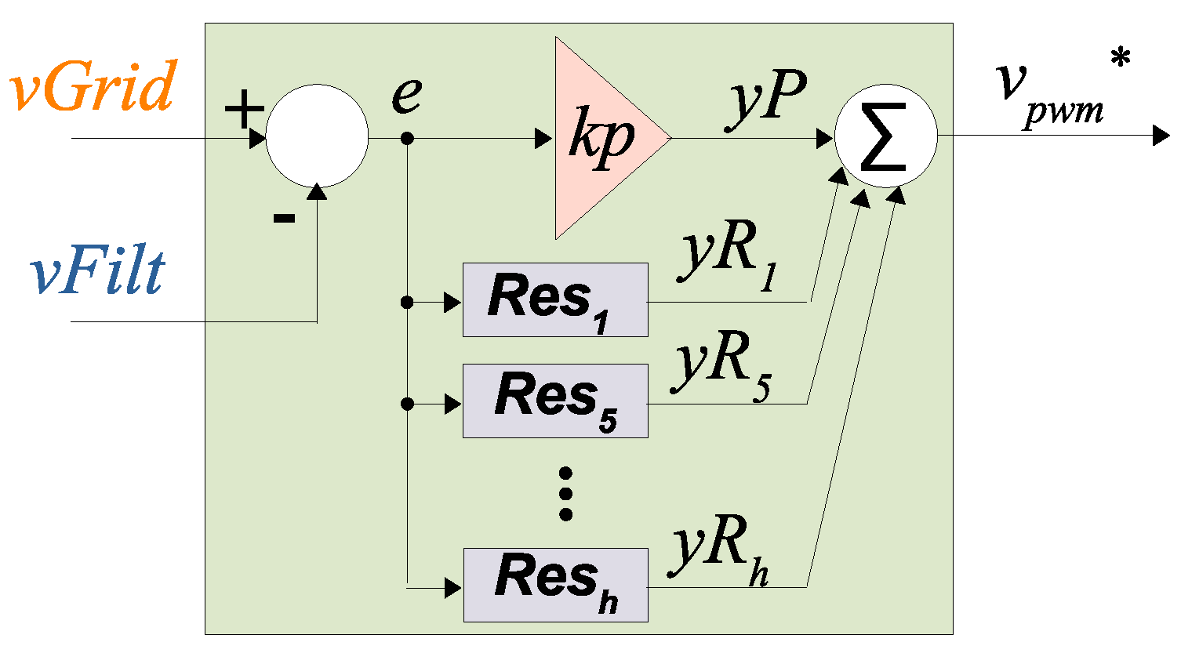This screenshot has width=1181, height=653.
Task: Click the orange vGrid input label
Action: click(93, 85)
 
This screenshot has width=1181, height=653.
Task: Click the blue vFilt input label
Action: click(97, 272)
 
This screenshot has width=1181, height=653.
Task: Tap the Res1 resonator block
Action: click(555, 300)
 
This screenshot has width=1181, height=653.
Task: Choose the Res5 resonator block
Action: click(555, 401)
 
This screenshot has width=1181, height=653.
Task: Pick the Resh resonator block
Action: click(555, 585)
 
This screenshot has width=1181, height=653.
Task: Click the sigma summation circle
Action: click(885, 136)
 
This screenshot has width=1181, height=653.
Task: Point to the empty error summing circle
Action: click(317, 136)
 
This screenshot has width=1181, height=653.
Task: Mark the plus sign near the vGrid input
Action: click(244, 109)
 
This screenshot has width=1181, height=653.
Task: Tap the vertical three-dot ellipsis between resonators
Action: click(565, 494)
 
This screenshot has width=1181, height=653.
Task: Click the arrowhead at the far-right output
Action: click(1161, 136)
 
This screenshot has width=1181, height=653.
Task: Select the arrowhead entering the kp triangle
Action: click(543, 139)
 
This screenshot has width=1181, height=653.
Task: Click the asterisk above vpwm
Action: click(1121, 58)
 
